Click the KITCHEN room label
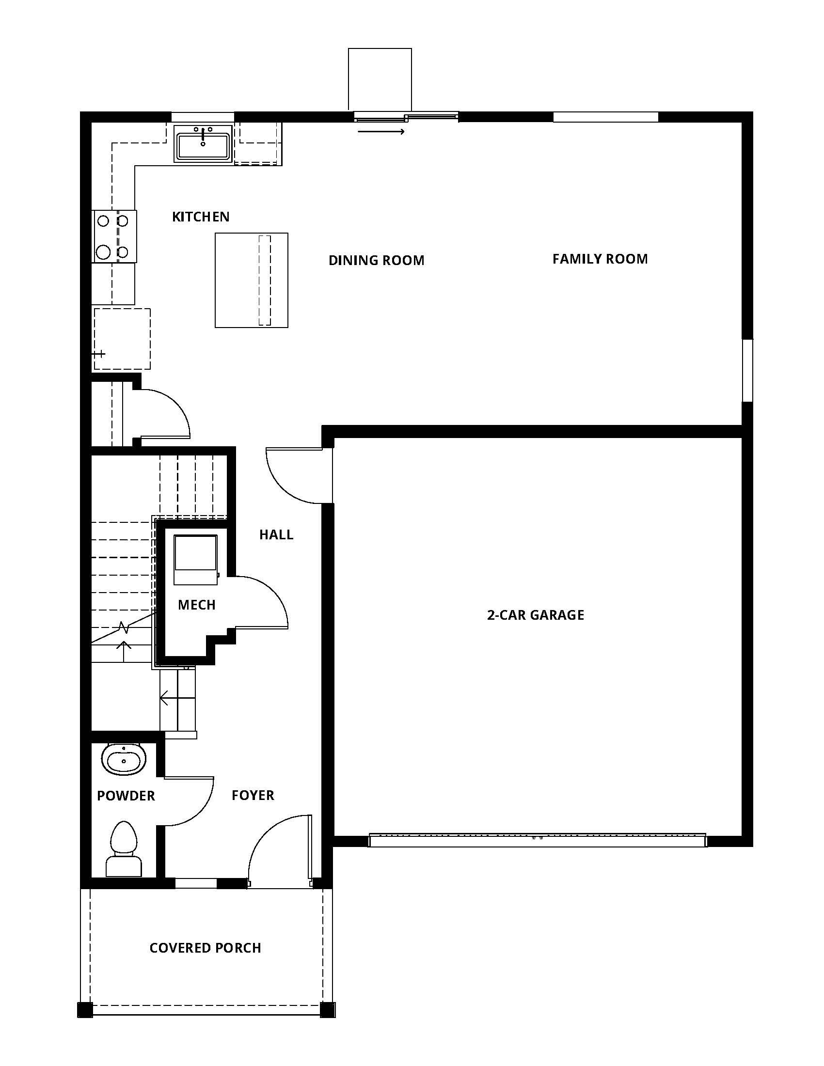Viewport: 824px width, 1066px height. pos(201,217)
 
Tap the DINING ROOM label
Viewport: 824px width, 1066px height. pos(376,260)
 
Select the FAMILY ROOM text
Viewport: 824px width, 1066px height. pos(600,259)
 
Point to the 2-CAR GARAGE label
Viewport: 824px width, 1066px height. pos(536,614)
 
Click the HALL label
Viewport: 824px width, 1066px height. pos(276,534)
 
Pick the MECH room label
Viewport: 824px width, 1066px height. pos(197,605)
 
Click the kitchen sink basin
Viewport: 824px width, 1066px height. pos(203,145)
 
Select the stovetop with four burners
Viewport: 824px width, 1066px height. pos(114,236)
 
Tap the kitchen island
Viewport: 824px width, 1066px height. pos(252,280)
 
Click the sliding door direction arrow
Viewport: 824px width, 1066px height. pos(381,131)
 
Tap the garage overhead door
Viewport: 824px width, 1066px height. pos(538,840)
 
